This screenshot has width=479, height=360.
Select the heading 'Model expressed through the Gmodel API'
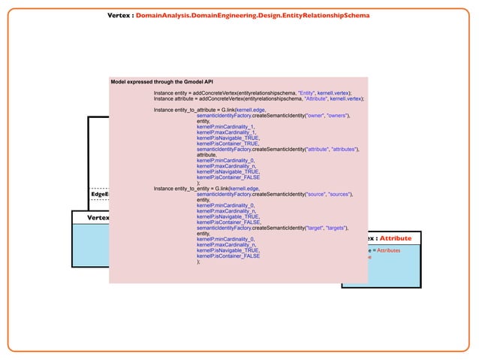[x=161, y=80]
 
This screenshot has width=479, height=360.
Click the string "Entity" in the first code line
[x=306, y=92]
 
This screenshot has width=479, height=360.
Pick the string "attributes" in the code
[x=344, y=149]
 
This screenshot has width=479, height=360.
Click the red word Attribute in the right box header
[x=396, y=238]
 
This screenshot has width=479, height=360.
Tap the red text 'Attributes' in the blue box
[x=388, y=250]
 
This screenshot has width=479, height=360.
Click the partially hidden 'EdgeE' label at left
[x=99, y=194]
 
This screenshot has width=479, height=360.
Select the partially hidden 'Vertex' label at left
[x=98, y=218]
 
